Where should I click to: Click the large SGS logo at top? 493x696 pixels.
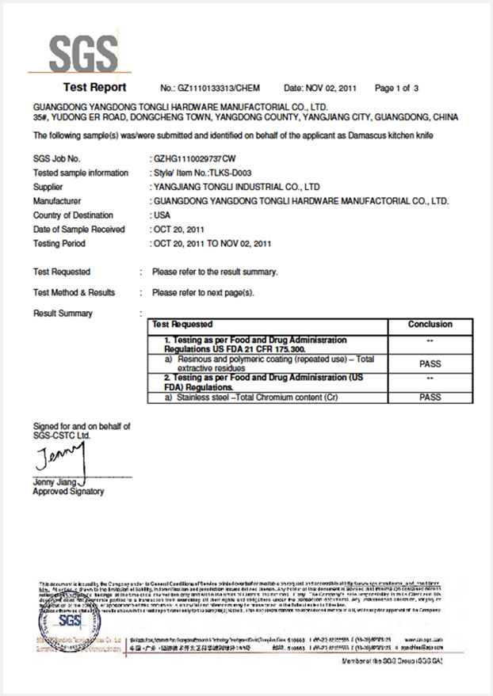tap(82, 53)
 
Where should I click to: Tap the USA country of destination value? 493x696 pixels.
tap(161, 215)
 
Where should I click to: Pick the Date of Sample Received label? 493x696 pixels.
tap(79, 230)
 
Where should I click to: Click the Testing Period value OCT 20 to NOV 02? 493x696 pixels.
tap(212, 243)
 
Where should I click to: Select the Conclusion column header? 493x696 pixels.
tap(430, 325)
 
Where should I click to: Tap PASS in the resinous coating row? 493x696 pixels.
tap(430, 364)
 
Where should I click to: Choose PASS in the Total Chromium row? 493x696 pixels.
tap(430, 397)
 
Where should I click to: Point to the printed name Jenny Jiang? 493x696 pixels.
tap(53, 481)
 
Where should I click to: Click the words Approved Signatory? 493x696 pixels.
tap(68, 492)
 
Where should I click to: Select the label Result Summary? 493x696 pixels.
tap(63, 314)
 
